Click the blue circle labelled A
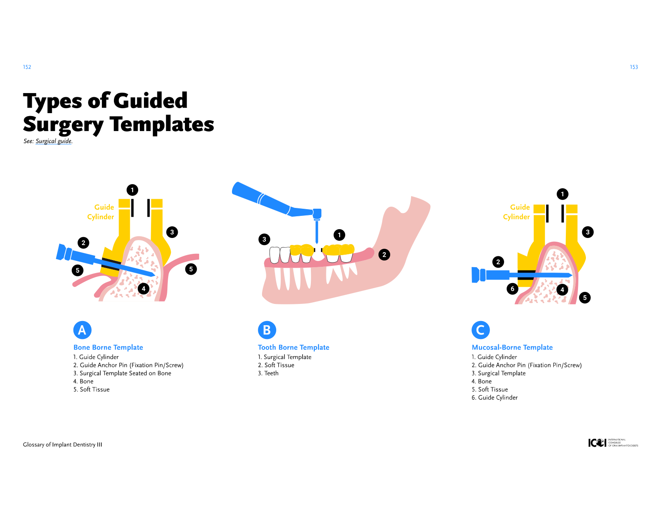pos(82,330)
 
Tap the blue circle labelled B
pos(267,330)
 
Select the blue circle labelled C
pos(480,330)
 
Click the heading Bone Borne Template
pos(108,347)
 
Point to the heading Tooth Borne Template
pos(293,347)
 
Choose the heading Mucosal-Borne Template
pos(512,347)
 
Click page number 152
pos(27,67)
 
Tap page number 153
pos(633,67)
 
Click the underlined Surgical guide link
pos(53,141)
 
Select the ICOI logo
pos(613,443)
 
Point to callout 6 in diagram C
pos(512,288)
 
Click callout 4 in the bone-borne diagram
pos(144,288)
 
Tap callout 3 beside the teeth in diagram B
pos(264,239)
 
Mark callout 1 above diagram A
pos(132,190)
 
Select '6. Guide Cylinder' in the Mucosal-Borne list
pos(494,397)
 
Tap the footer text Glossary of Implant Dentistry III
pos(63,445)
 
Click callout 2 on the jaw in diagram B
pos(384,254)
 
